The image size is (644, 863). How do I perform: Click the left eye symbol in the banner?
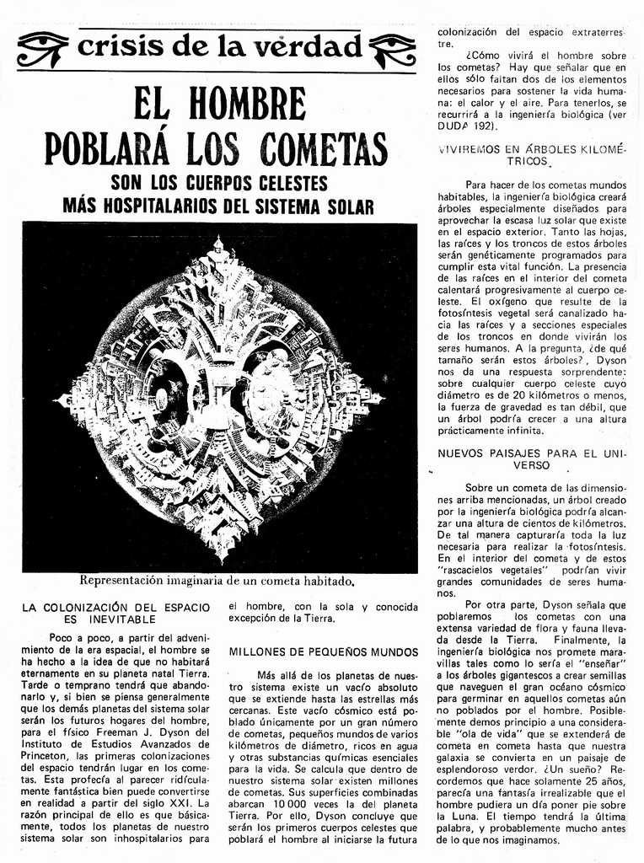tap(42, 49)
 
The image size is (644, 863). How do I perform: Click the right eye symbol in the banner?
tap(393, 49)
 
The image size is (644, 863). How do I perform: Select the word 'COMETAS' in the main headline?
tap(324, 149)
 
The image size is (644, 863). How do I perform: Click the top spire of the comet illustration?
tap(218, 246)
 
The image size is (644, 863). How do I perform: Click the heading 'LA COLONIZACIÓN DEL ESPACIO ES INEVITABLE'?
tap(115, 613)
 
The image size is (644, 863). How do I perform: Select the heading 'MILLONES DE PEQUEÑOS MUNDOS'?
tap(324, 652)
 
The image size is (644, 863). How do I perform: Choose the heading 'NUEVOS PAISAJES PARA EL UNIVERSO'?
tap(532, 458)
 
